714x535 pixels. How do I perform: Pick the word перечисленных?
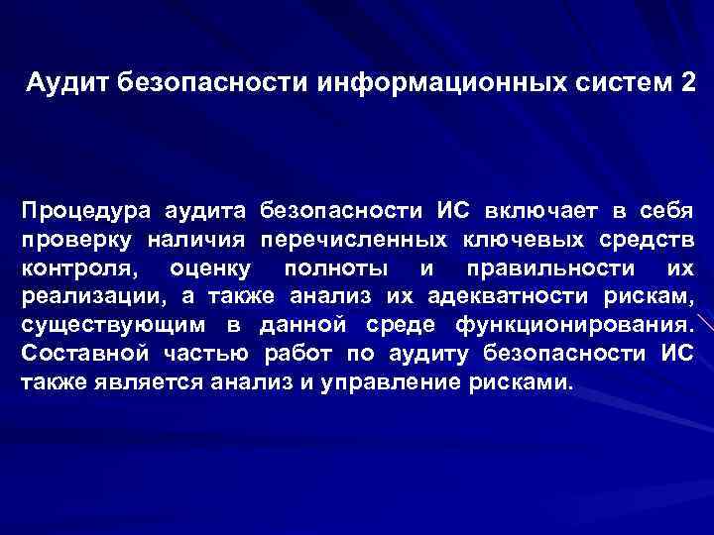tap(352, 240)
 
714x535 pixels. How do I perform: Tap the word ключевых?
tap(523, 240)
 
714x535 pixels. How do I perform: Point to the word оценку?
tap(211, 268)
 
